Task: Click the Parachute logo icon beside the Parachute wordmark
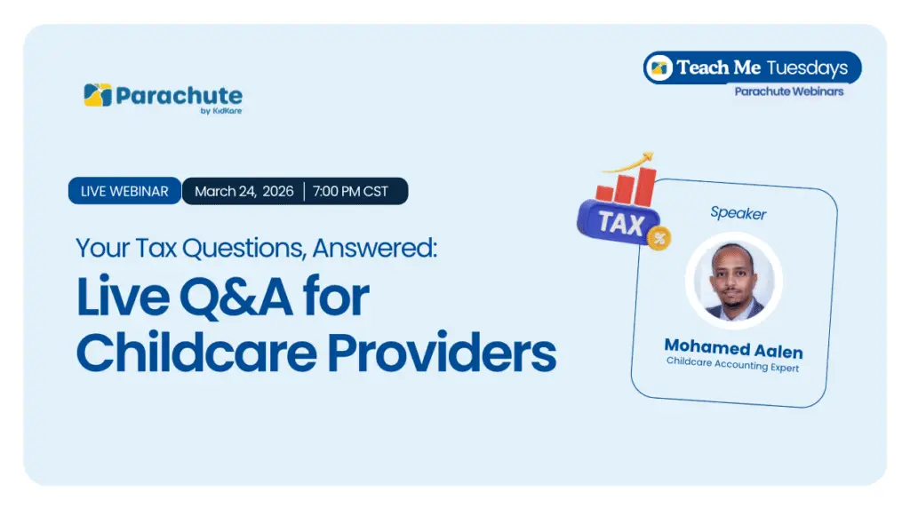click(98, 95)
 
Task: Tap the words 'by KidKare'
click(221, 111)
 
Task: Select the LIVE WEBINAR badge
click(124, 191)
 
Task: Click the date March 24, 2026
click(244, 191)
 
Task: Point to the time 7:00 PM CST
click(350, 191)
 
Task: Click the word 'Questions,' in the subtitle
click(244, 248)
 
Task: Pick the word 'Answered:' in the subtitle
click(375, 248)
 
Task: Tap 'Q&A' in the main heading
click(235, 297)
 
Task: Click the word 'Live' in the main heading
click(123, 297)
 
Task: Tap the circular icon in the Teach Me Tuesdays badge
click(659, 67)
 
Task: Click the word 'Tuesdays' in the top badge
click(807, 67)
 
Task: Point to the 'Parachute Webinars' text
click(789, 91)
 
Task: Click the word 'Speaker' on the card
click(738, 213)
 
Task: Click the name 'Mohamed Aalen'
click(733, 348)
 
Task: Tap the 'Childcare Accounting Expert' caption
click(732, 364)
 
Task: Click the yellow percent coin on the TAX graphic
click(659, 238)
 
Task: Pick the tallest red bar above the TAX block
click(645, 187)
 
